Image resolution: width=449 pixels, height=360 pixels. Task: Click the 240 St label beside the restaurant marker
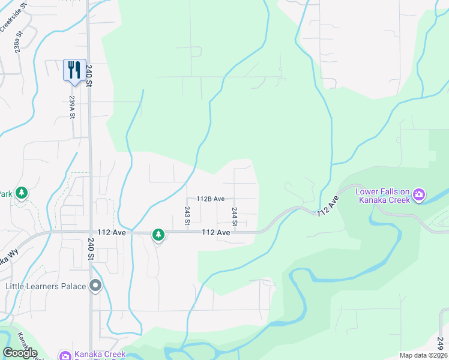tap(88, 76)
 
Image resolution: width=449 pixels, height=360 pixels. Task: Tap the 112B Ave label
tap(210, 199)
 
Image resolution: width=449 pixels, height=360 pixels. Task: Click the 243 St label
tap(187, 216)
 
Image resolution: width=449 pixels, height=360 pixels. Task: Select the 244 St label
tap(235, 217)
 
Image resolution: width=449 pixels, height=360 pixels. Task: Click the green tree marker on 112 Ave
tap(158, 235)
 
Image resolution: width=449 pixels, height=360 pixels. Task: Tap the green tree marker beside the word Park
tap(22, 193)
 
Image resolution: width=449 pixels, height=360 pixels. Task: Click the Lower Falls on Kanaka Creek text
tap(382, 196)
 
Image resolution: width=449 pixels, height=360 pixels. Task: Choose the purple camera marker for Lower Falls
tap(418, 194)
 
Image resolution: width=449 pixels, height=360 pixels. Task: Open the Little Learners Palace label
tap(46, 286)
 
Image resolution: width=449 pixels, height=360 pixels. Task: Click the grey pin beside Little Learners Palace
tap(95, 286)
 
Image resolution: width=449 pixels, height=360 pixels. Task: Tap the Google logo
tap(20, 353)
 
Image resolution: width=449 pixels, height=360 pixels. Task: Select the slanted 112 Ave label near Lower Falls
tap(329, 206)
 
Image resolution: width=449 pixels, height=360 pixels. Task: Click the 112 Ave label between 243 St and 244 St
tap(216, 232)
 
